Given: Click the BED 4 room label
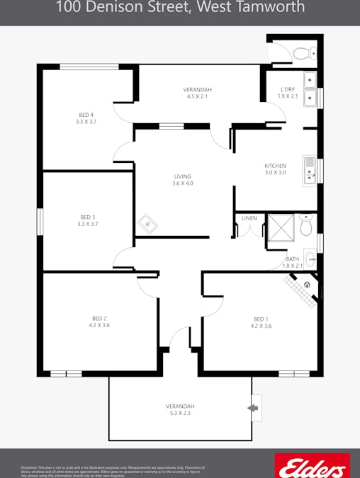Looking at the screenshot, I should click(86, 115).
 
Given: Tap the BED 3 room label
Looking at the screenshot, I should click(88, 217).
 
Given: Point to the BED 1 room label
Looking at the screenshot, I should click(261, 319).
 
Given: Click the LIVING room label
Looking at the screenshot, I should click(182, 176).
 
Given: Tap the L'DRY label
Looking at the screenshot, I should click(288, 89).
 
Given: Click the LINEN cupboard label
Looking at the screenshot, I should click(249, 218).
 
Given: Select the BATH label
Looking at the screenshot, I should click(293, 258).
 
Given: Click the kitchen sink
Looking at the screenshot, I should click(309, 171).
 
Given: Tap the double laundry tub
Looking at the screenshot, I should click(310, 89).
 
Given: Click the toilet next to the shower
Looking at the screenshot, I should click(305, 225).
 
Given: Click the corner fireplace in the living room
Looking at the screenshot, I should click(147, 224).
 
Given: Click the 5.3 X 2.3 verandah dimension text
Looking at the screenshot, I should click(180, 413).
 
